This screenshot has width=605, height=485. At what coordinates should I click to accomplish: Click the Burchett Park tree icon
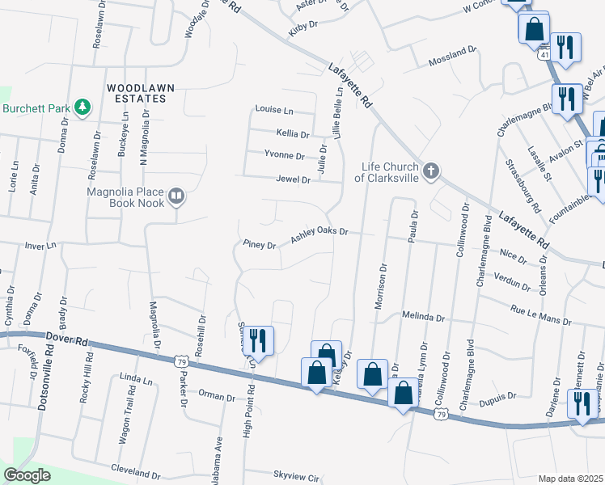pos(81,107)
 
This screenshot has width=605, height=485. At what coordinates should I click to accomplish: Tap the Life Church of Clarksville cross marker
pos(431,171)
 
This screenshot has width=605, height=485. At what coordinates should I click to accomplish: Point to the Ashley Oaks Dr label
pos(319,232)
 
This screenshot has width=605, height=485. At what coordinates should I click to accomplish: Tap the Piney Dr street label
pos(260,244)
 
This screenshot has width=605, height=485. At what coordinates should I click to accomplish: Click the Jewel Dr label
pos(293,179)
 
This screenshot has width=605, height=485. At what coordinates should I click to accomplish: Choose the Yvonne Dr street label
pos(284,155)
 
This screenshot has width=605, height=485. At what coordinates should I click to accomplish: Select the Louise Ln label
pos(274,110)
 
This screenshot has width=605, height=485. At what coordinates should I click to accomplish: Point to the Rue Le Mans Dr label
pos(539,315)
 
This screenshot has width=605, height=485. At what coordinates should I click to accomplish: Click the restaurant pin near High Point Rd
pos(260,339)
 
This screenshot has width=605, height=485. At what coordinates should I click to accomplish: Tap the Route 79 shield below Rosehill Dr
pos(184,359)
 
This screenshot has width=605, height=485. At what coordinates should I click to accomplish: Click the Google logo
pos(27,475)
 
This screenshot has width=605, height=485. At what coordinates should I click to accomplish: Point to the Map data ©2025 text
pos(570,479)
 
